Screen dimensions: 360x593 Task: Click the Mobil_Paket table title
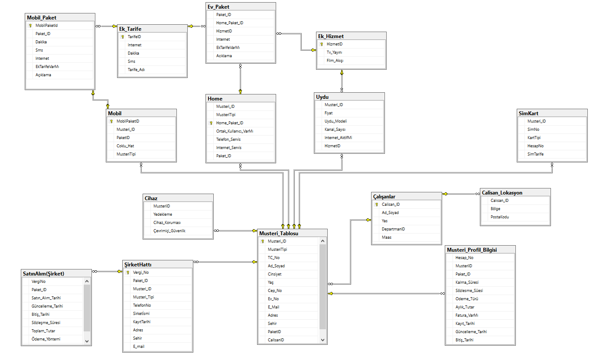pyautogui.click(x=42, y=18)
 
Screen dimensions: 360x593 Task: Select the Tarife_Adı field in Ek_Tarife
pyautogui.click(x=136, y=69)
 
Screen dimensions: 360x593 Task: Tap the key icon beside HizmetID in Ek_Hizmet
pyautogui.click(x=322, y=44)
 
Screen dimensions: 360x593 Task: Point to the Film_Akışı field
pyautogui.click(x=335, y=61)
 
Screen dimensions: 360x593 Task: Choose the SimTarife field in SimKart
pyautogui.click(x=535, y=154)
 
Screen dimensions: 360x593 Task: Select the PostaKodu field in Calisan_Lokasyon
pyautogui.click(x=500, y=217)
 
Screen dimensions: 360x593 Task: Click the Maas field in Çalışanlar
pyautogui.click(x=386, y=237)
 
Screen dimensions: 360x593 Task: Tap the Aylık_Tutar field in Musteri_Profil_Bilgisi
pyautogui.click(x=465, y=307)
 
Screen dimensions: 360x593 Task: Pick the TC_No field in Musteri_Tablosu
pyautogui.click(x=274, y=258)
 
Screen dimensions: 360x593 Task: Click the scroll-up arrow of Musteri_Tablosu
pyautogui.click(x=323, y=241)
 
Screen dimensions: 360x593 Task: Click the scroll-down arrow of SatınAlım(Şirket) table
pyautogui.click(x=87, y=341)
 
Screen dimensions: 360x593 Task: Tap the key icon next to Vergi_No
pyautogui.click(x=128, y=272)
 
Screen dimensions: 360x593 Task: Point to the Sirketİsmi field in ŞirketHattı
pyautogui.click(x=142, y=313)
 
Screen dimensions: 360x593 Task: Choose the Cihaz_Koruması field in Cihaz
pyautogui.click(x=167, y=223)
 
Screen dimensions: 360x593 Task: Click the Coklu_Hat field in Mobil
pyautogui.click(x=125, y=146)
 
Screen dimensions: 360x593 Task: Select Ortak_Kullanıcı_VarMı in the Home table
pyautogui.click(x=235, y=131)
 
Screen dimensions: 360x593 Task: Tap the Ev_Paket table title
pyautogui.click(x=218, y=7)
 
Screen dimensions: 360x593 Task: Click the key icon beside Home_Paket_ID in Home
pyautogui.click(x=211, y=123)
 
